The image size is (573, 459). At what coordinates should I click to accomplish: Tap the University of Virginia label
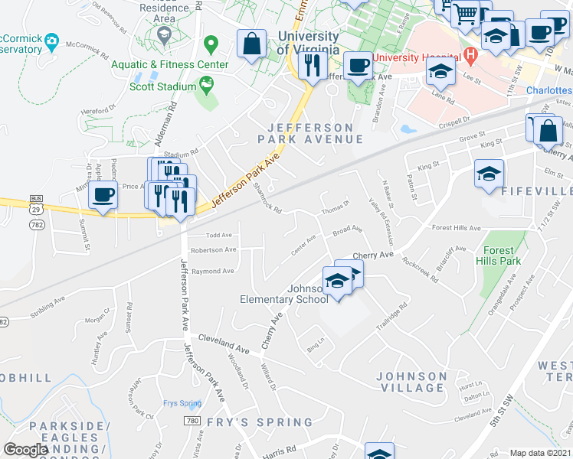pyautogui.click(x=308, y=43)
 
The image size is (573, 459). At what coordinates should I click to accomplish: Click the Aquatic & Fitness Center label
pyautogui.click(x=169, y=64)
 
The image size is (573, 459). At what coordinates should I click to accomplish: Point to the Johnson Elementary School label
pyautogui.click(x=284, y=294)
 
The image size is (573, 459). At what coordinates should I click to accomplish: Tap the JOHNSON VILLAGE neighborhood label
pyautogui.click(x=411, y=382)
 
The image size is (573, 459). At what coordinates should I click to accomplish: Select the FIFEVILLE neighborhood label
pyautogui.click(x=536, y=191)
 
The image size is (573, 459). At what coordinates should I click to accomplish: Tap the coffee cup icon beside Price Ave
pyautogui.click(x=103, y=193)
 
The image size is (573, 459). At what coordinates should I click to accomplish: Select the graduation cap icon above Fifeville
pyautogui.click(x=489, y=173)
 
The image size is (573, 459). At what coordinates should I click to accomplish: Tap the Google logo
pyautogui.click(x=25, y=450)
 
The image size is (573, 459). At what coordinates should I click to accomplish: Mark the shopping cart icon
pyautogui.click(x=466, y=12)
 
